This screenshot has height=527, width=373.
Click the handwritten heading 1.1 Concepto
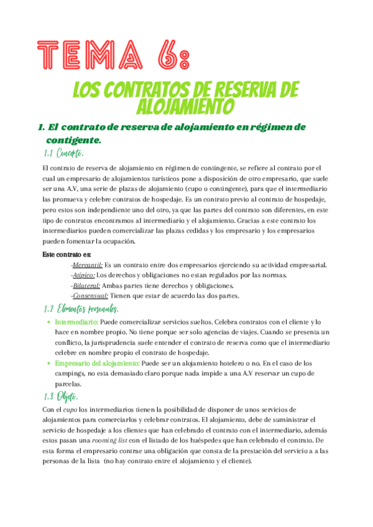(x=63, y=153)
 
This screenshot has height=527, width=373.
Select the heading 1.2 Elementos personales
(x=82, y=309)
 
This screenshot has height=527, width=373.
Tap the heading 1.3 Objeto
(x=60, y=397)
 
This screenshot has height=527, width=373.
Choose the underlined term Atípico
(x=84, y=275)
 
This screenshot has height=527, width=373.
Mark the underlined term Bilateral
(x=86, y=285)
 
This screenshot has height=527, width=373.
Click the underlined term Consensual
(x=90, y=296)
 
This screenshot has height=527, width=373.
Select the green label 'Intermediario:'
(x=76, y=323)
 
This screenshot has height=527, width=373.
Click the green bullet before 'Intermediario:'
(x=49, y=323)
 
